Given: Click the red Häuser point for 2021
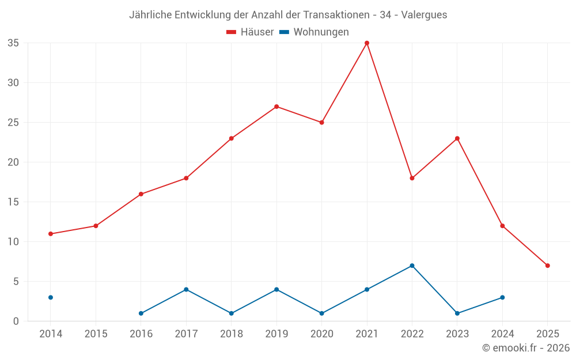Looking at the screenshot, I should pyautogui.click(x=367, y=43).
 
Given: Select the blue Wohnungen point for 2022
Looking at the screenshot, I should pyautogui.click(x=412, y=266).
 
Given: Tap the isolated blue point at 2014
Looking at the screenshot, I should pyautogui.click(x=51, y=297).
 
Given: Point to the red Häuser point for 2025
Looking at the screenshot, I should pyautogui.click(x=547, y=266).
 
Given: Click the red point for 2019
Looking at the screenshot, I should pyautogui.click(x=276, y=107).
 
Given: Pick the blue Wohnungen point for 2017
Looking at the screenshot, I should pyautogui.click(x=186, y=289).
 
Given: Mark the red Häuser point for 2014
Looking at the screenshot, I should pyautogui.click(x=51, y=234).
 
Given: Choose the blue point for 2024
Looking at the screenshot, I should pyautogui.click(x=502, y=297).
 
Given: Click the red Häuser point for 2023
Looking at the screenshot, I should pyautogui.click(x=457, y=138).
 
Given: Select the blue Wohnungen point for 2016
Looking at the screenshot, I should pyautogui.click(x=141, y=313).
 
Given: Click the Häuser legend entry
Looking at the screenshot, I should pyautogui.click(x=251, y=32).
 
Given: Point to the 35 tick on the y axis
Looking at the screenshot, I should pyautogui.click(x=13, y=43).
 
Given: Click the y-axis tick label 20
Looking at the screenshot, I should pyautogui.click(x=13, y=162).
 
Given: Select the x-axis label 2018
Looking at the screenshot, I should pyautogui.click(x=232, y=334).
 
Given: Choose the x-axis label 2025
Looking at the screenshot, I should pyautogui.click(x=547, y=334).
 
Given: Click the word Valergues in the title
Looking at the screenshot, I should pyautogui.click(x=423, y=15).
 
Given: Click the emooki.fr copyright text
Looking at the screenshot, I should pyautogui.click(x=525, y=348).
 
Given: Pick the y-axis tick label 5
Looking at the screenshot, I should pyautogui.click(x=16, y=282).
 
